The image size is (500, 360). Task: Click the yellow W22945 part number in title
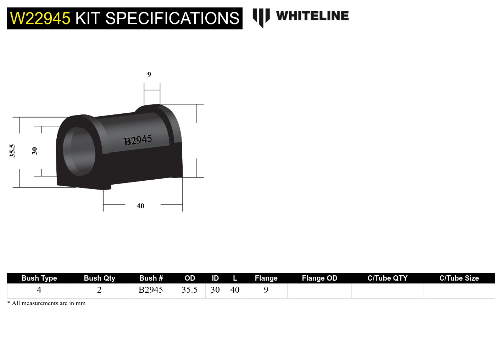(x=40, y=18)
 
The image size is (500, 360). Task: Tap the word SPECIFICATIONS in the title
(x=172, y=18)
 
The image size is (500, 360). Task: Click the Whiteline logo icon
(x=261, y=17)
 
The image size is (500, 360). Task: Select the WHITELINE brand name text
(x=312, y=16)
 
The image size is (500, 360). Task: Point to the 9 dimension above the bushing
(x=149, y=74)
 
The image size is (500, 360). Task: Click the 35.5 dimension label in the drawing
(x=12, y=151)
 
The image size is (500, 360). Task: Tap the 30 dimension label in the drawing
(x=34, y=151)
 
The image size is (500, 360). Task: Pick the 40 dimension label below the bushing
(x=140, y=206)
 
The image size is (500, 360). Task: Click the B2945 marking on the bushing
(x=138, y=140)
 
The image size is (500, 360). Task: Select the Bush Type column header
(x=39, y=278)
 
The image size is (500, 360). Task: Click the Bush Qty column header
(x=99, y=278)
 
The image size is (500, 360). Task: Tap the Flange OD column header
(x=320, y=278)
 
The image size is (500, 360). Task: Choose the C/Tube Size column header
(x=459, y=278)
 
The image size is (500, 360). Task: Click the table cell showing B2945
(x=151, y=290)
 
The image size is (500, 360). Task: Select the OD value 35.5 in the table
(x=190, y=290)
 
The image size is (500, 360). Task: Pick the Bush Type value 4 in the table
(x=39, y=290)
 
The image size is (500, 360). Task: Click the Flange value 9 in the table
(x=266, y=290)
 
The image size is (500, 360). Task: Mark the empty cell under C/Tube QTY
(x=387, y=291)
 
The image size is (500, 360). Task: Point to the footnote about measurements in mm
(x=46, y=303)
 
